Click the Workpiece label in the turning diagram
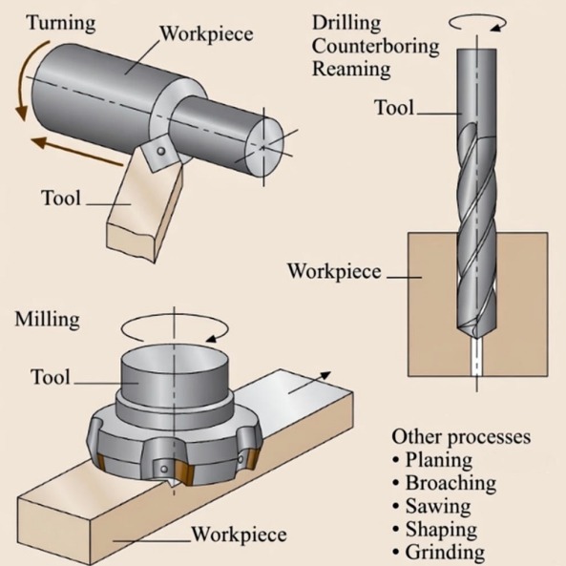coord(206,34)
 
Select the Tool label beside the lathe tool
coord(60,199)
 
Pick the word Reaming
coord(351,69)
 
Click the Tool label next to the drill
coord(393,108)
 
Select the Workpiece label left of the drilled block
coord(333,271)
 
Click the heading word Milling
coord(47,319)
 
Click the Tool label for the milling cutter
coord(51,377)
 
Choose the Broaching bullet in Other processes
coord(450,483)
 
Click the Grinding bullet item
coord(444,552)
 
